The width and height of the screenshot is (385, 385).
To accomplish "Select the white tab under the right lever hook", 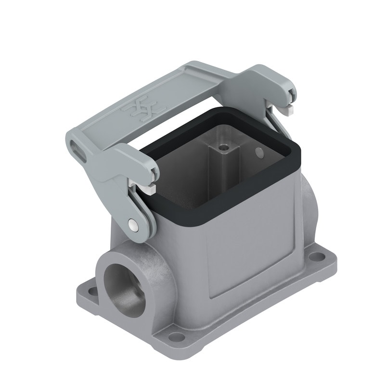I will pos(289,111).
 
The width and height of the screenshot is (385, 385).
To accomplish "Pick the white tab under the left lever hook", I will pos(149,190).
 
